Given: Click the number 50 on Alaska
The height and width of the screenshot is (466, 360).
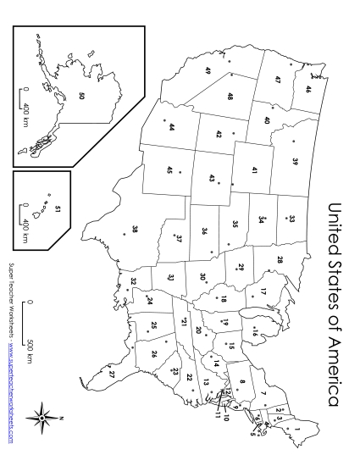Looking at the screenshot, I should [x=81, y=97].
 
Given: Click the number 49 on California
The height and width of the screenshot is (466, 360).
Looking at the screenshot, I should [x=208, y=72].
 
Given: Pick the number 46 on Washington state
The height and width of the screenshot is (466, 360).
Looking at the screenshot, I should [x=307, y=89].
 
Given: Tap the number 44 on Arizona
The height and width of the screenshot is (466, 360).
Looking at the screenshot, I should [x=171, y=127].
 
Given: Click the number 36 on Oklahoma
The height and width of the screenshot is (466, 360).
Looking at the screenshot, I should [x=204, y=230].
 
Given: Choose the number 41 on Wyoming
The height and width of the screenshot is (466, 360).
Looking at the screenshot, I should [x=253, y=169].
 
